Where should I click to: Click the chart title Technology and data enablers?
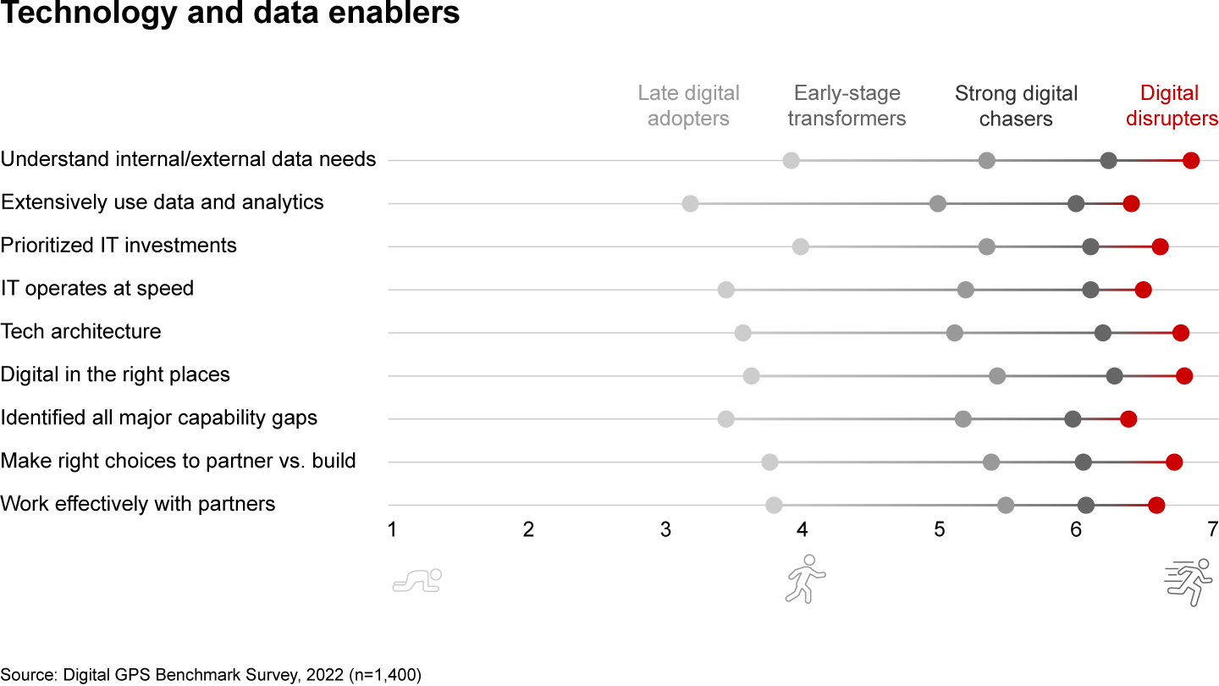[x=230, y=14]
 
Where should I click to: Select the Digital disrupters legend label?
[x=1172, y=106]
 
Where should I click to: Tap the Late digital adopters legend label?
[x=688, y=106]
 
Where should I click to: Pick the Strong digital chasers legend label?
[x=1016, y=106]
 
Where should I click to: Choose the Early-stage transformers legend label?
[x=847, y=106]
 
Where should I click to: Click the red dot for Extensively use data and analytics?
[x=1131, y=203]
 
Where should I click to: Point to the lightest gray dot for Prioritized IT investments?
[x=801, y=246]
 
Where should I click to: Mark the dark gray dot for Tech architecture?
[x=1102, y=333]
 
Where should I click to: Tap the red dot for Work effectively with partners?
[x=1156, y=506]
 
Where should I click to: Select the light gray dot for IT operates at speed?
[x=725, y=290]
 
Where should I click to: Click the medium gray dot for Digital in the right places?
[x=997, y=376]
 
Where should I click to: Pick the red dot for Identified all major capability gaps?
[x=1128, y=418]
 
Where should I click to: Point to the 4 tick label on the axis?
[x=803, y=530]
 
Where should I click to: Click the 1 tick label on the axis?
[x=392, y=530]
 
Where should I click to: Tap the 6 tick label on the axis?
[x=1076, y=530]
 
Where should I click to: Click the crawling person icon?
[x=417, y=581]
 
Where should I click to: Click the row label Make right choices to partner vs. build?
[x=179, y=461]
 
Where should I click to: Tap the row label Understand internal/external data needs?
[x=188, y=158]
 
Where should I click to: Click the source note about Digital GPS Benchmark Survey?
[x=211, y=675]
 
